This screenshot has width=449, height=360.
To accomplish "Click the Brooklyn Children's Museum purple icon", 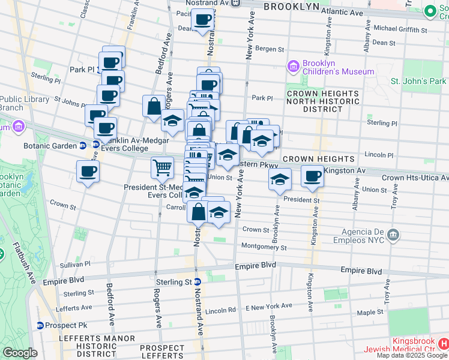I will (294, 65).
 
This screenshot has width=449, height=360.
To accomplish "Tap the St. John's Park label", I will (418, 81).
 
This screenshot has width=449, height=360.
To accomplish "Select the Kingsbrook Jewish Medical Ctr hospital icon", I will (444, 344).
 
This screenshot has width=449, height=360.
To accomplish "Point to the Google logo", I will (20, 353).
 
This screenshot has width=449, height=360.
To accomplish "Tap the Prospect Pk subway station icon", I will (40, 325).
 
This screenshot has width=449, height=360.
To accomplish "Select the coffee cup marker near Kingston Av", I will (312, 177).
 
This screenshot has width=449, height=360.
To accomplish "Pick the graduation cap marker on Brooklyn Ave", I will (279, 180).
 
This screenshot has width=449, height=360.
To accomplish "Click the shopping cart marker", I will (163, 170).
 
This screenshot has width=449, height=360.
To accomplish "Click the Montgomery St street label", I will (264, 247).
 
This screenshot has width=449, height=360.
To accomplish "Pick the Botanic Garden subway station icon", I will (82, 145).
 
